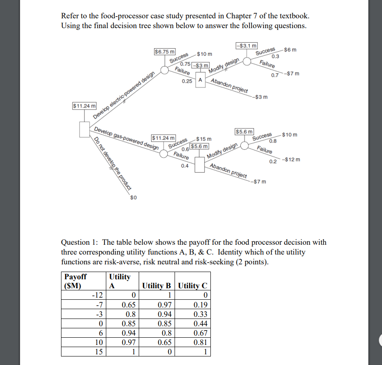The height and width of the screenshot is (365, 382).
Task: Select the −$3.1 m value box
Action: pyautogui.click(x=246, y=46)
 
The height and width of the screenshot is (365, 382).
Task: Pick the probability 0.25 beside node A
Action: pyautogui.click(x=187, y=81)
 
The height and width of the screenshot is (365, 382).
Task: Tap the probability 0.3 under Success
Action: pyautogui.click(x=275, y=56)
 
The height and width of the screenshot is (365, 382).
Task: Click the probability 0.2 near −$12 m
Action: pyautogui.click(x=273, y=161)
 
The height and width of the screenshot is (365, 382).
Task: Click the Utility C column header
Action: pyautogui.click(x=193, y=286)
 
